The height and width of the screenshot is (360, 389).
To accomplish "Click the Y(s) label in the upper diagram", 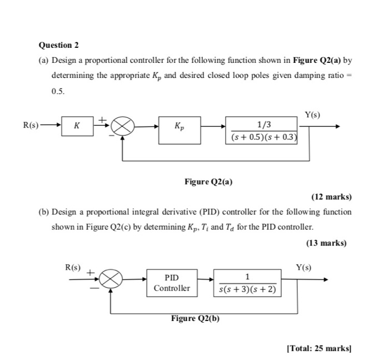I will click(x=313, y=115).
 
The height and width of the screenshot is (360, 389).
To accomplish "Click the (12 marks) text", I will click(x=332, y=197).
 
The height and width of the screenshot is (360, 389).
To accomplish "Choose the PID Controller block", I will click(x=172, y=282).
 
